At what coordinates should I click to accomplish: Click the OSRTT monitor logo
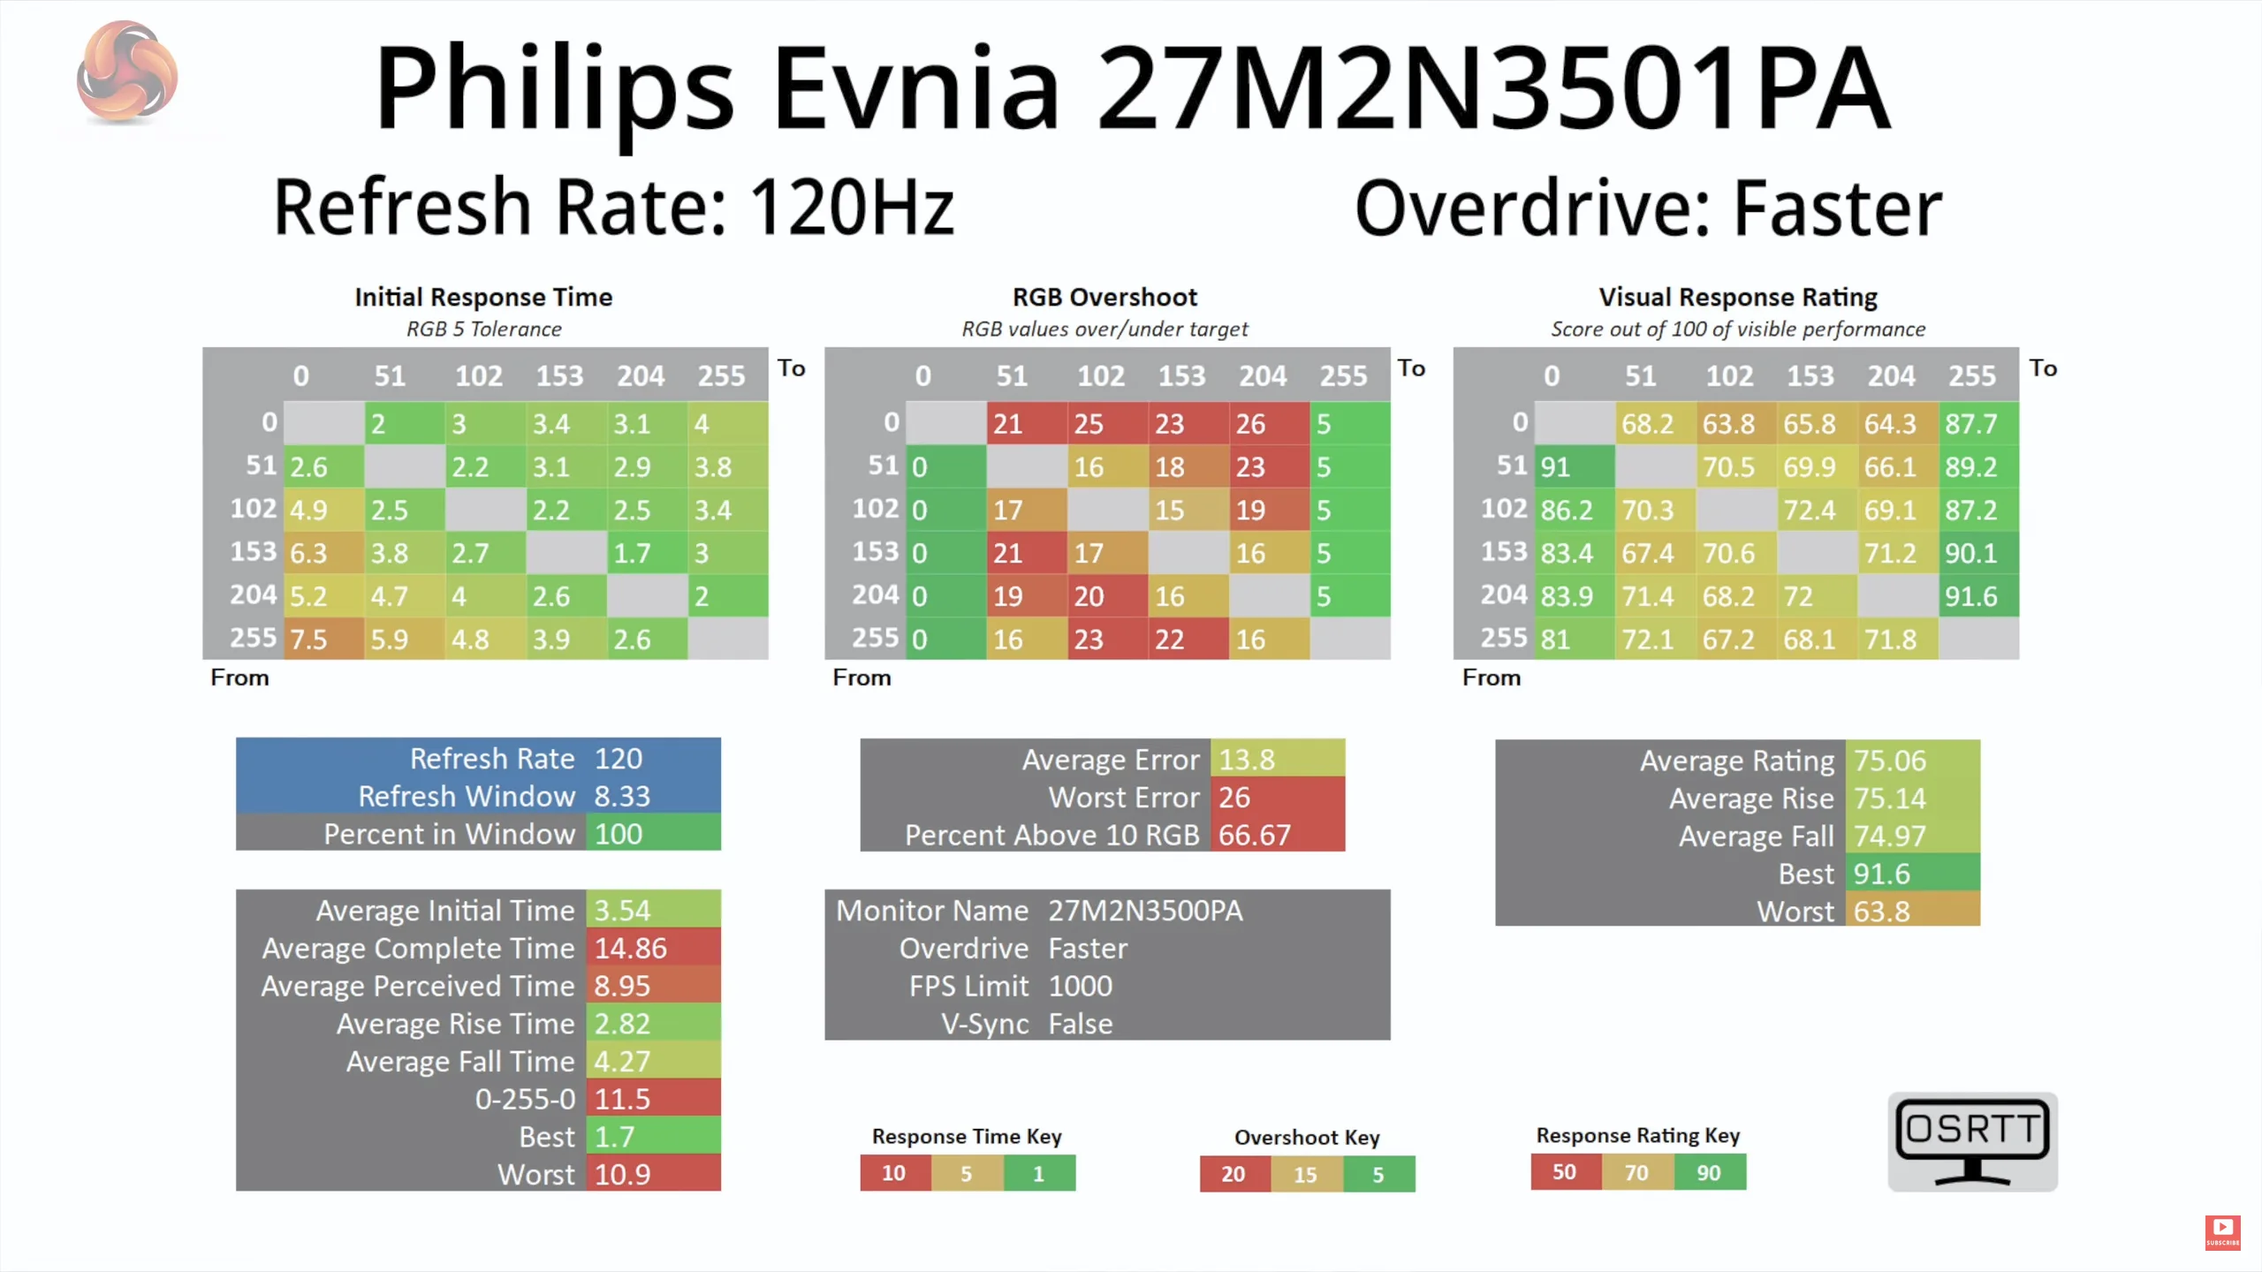[1972, 1141]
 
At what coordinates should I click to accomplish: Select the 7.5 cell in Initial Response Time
[323, 639]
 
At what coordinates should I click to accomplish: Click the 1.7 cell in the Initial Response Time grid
[647, 553]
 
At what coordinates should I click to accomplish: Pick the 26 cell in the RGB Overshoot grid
[1268, 424]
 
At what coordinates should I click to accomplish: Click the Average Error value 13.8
[1276, 760]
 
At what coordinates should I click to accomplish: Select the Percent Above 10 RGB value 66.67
[1276, 835]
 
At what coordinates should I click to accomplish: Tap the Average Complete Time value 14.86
[652, 948]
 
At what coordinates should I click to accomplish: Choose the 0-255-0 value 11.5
[652, 1099]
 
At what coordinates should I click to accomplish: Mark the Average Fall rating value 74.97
[1910, 836]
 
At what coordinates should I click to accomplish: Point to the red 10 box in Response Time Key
[894, 1173]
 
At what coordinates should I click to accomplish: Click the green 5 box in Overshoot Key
[1378, 1174]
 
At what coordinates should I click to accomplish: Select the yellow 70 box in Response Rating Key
[1636, 1172]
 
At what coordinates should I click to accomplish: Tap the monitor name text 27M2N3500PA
[1145, 911]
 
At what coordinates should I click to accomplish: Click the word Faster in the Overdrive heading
[1838, 209]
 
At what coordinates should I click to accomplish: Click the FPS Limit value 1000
[1080, 986]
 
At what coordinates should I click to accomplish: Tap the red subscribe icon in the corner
[2222, 1230]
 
